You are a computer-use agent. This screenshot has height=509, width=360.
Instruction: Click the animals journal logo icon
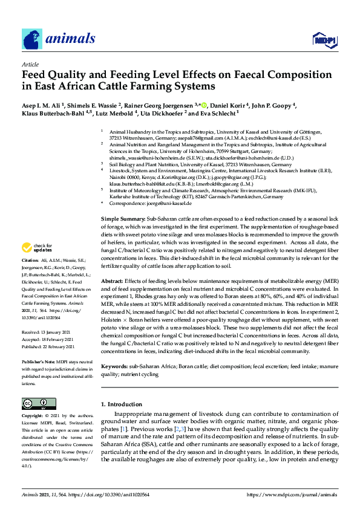[31, 39]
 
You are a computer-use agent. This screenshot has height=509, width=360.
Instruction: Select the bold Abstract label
[112, 281]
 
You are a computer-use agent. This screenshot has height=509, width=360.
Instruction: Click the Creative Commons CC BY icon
[34, 403]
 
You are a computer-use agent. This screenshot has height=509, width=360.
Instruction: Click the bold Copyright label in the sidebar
[34, 416]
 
